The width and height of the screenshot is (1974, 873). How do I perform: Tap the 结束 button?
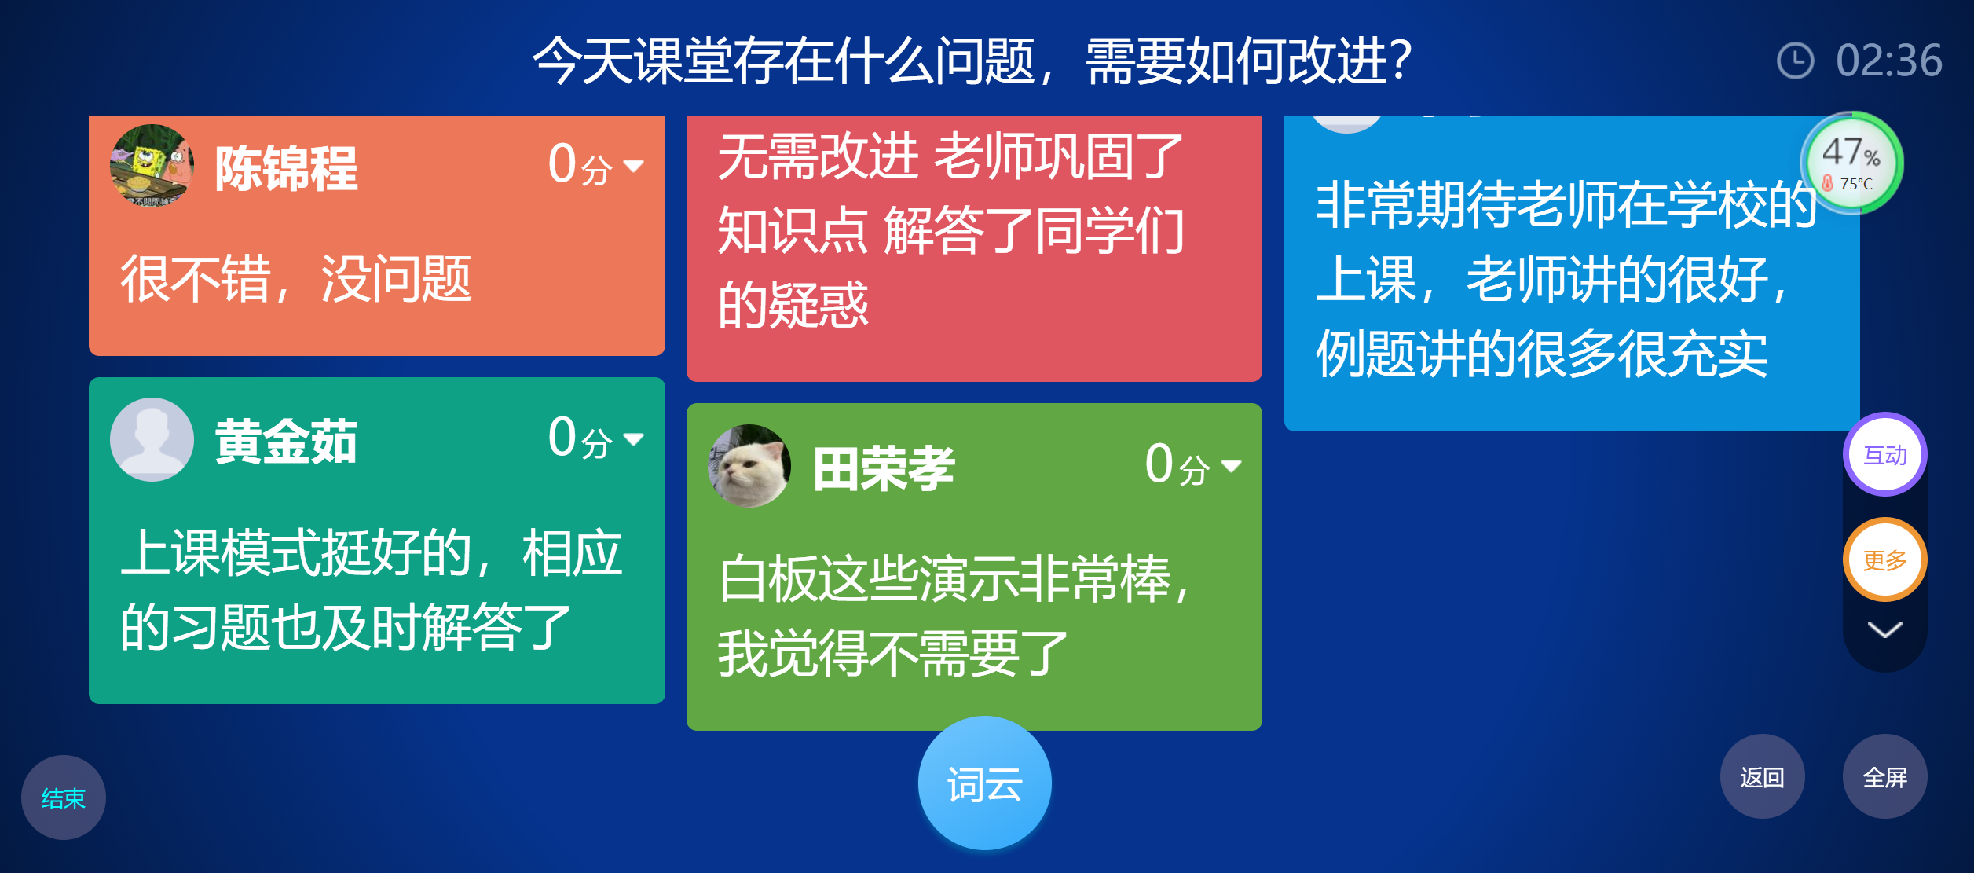coord(63,798)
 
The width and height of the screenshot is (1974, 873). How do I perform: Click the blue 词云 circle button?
coord(984,783)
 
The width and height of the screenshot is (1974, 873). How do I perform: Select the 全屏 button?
coord(1884,776)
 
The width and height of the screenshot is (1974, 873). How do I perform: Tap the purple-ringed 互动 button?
coord(1884,454)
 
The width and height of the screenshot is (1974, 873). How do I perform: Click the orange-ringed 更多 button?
coord(1884,559)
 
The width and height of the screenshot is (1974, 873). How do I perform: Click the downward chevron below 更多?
coord(1884,629)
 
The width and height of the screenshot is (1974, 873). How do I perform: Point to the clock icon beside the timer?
coord(1795,61)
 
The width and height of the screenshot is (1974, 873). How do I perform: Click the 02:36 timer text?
coord(1888,61)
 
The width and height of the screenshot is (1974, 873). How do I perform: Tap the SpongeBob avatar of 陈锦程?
coord(152,166)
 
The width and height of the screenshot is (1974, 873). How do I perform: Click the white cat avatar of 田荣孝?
coord(749,466)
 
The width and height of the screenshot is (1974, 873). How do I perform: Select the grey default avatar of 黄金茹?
coord(152,439)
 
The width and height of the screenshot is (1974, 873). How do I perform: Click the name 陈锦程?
coord(286,168)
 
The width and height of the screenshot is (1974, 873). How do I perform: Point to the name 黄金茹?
coord(286,441)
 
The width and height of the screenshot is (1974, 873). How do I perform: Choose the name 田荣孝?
coord(884,468)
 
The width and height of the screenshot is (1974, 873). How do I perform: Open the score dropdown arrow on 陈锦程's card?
coord(633,166)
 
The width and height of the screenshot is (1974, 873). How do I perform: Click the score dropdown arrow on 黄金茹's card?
coord(633,438)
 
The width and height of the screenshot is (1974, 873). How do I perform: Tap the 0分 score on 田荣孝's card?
coord(1177,465)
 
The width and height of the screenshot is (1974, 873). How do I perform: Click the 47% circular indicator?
coord(1851,163)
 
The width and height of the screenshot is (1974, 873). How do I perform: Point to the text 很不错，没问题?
coord(295,279)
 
